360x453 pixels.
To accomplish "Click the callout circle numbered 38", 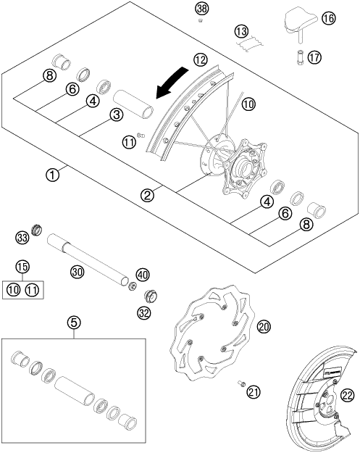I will pyautogui.click(x=201, y=9).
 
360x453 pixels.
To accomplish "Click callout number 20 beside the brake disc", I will pyautogui.click(x=264, y=328).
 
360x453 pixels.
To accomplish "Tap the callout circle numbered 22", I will pyautogui.click(x=348, y=394).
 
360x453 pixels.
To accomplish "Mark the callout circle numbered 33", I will pyautogui.click(x=22, y=236).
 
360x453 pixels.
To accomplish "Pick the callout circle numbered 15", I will pyautogui.click(x=22, y=267).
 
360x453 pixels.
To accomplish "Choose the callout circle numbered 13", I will pyautogui.click(x=240, y=30).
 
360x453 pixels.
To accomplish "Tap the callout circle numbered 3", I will pyautogui.click(x=115, y=115).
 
